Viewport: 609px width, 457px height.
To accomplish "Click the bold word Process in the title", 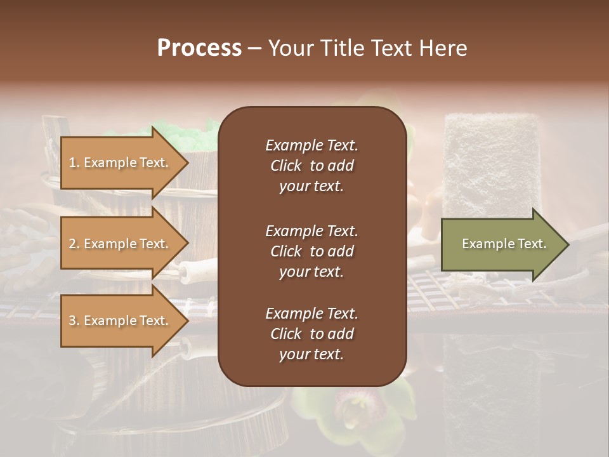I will point(199,48).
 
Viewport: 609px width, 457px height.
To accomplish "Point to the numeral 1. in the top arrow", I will point(74,162).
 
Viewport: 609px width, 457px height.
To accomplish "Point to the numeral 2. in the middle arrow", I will point(74,244).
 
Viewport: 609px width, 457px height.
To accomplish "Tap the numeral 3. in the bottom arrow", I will point(74,321).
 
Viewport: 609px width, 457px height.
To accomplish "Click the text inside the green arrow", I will point(504,244).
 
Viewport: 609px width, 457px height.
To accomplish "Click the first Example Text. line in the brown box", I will point(311,145).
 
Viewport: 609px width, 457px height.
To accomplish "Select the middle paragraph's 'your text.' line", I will point(311,272).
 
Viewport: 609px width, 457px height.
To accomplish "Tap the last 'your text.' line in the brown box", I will point(311,355).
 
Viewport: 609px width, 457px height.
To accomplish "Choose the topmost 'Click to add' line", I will point(311,166).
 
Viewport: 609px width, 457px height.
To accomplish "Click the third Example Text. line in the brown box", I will point(311,314).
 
